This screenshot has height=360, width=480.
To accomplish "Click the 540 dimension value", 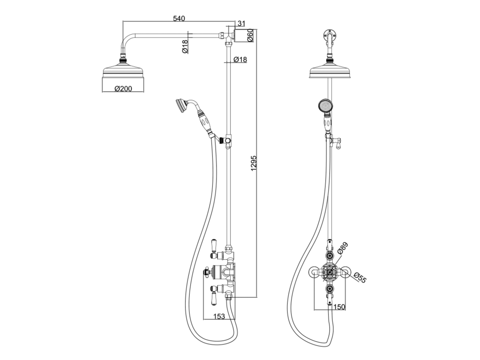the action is click(179, 18).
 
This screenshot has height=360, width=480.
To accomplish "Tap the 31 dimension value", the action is click(241, 24).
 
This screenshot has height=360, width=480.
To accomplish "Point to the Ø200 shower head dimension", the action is click(123, 89).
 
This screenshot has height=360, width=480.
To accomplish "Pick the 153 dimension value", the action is click(219, 316).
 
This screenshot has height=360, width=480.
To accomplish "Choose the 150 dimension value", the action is click(339, 307).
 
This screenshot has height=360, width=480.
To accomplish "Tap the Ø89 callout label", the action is click(343, 248).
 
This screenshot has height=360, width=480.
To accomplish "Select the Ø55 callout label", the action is click(360, 277).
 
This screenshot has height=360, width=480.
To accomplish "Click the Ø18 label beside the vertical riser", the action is click(240, 60).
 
